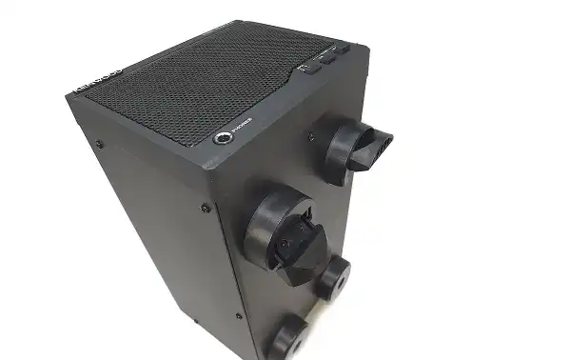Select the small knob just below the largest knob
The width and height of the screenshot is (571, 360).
tap(333, 278)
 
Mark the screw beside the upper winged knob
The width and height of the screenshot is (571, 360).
tap(310, 134)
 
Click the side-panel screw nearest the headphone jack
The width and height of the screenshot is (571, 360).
tap(206, 207)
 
